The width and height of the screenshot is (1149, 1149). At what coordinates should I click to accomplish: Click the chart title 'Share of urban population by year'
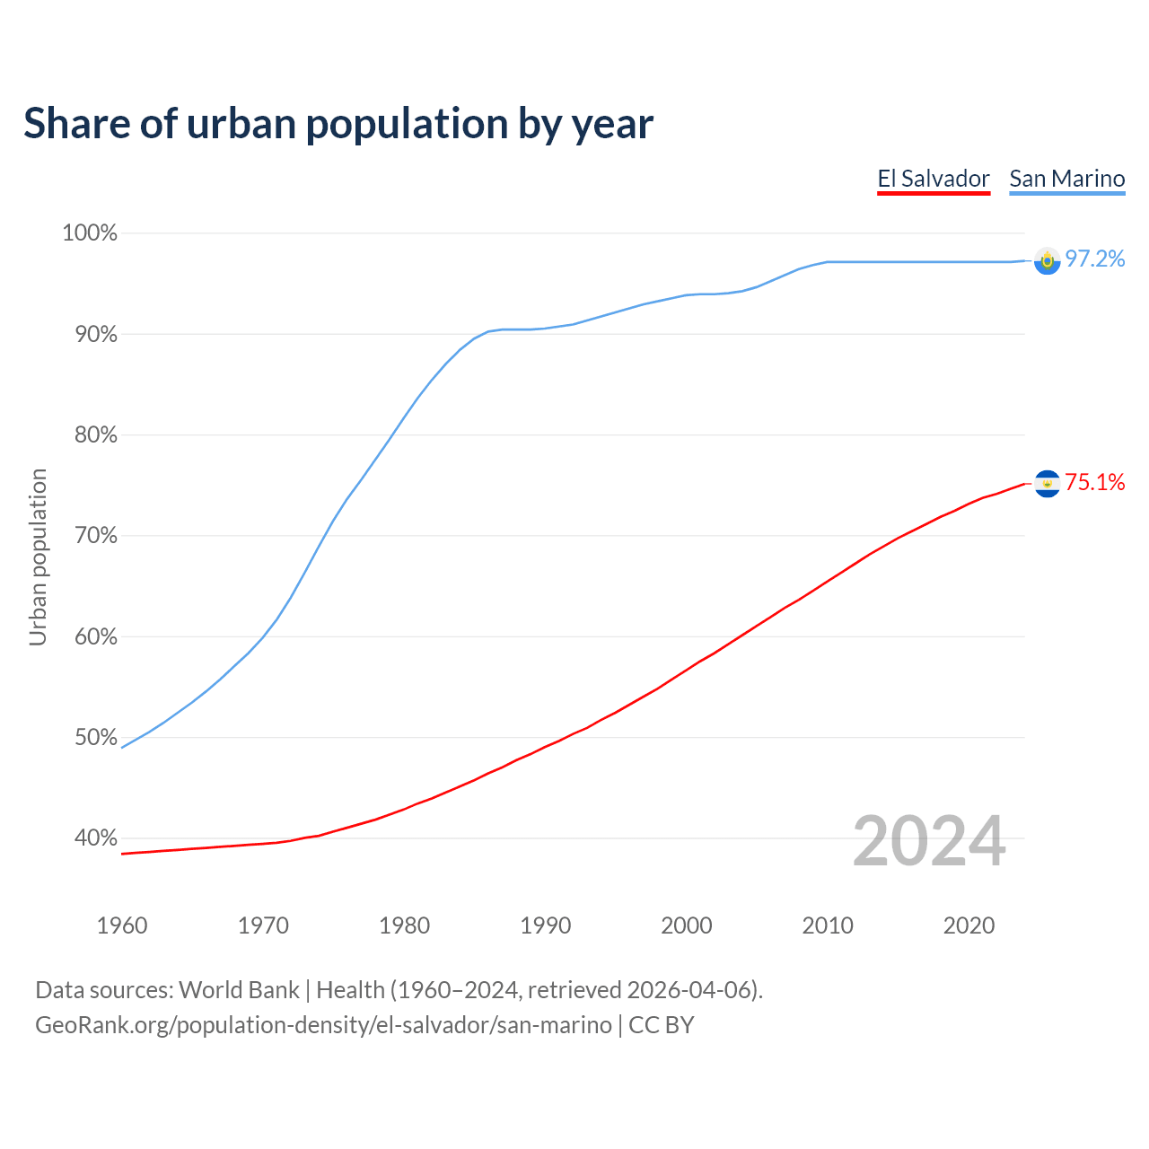coord(338,124)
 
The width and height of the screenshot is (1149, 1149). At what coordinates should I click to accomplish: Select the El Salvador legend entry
coord(934,179)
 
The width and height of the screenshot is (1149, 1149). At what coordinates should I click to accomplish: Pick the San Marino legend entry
coord(1066,179)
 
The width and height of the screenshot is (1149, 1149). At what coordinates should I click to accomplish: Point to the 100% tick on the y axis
coord(90,233)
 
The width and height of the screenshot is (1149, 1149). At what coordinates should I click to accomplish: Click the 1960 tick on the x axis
coord(122,925)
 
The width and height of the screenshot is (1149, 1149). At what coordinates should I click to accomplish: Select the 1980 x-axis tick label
coord(405,925)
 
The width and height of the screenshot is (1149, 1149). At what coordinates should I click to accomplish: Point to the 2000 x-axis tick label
coord(687,925)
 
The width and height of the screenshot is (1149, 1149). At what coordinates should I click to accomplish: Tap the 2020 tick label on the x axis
coord(969,925)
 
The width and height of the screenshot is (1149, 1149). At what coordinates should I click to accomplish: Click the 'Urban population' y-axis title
coord(38,557)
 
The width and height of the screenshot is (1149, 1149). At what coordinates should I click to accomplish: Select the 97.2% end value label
coord(1095,259)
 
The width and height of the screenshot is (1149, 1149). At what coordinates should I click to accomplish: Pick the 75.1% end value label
coord(1095,483)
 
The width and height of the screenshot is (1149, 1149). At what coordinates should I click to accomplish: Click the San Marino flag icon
coord(1048,261)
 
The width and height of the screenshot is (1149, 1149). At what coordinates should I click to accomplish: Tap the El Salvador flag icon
coord(1048,484)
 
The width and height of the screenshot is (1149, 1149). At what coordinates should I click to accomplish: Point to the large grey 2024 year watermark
coord(929,841)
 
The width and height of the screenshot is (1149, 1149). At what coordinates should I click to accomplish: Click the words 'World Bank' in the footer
coord(239,990)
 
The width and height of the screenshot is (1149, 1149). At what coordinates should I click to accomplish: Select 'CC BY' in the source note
coord(662,1025)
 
